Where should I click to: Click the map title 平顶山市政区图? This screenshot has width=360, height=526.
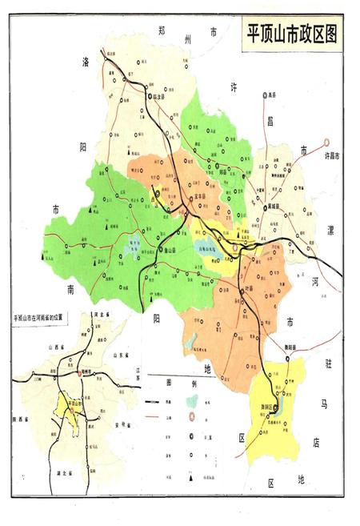click(291, 37)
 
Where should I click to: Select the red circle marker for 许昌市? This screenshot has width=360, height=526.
click(327, 145)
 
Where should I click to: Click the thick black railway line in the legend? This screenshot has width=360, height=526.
click(154, 401)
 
